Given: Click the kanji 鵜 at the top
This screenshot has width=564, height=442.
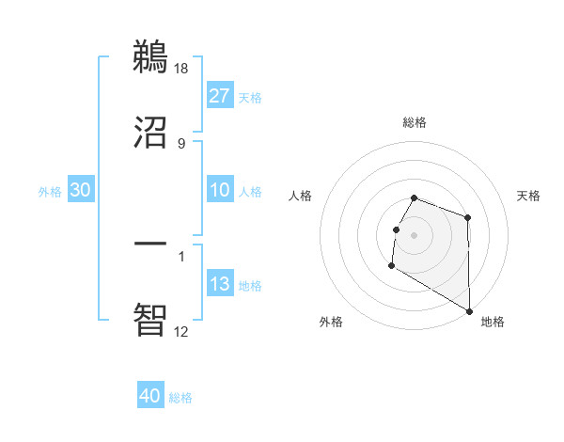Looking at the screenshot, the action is [150, 57].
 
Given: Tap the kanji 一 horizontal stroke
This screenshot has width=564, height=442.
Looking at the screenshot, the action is [150, 244].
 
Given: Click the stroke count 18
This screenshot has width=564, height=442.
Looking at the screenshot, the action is [182, 69].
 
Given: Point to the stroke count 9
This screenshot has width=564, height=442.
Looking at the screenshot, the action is [181, 143].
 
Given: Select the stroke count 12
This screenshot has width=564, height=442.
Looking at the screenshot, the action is [181, 331].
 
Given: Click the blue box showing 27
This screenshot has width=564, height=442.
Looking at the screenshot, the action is [220, 96].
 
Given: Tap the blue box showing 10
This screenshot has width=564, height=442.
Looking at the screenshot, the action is [220, 190].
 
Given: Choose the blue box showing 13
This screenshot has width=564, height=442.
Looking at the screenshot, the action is [220, 284].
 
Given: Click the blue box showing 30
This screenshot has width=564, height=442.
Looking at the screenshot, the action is [81, 190].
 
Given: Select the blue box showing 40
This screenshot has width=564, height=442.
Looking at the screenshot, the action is [150, 396].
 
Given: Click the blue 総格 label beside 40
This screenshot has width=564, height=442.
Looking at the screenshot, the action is [180, 398].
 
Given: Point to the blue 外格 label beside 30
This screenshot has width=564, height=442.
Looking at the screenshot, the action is [50, 191].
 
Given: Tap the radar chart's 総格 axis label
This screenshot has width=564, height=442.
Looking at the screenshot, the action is [415, 123].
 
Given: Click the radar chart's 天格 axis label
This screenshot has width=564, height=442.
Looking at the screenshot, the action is [528, 196].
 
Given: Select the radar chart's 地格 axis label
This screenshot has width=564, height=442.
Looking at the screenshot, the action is [493, 322].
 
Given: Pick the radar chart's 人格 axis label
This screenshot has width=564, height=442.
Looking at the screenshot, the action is [301, 196].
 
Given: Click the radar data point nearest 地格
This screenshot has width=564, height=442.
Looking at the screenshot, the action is [470, 310].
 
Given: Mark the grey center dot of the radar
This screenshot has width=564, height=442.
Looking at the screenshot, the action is [415, 234].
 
